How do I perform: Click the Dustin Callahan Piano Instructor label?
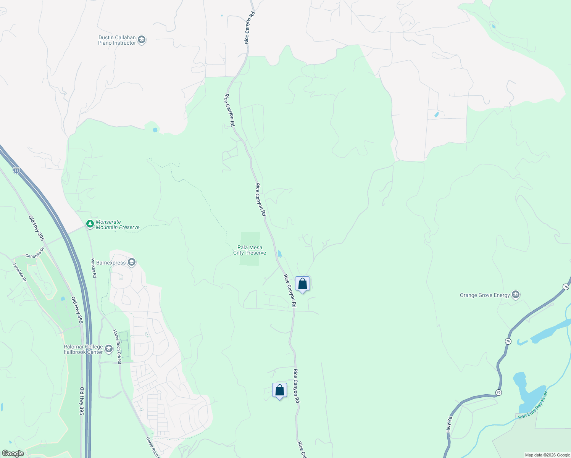[117, 40]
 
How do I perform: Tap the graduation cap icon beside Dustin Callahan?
[142, 40]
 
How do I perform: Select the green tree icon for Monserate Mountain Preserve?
[90, 224]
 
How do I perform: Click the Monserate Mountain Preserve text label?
[118, 224]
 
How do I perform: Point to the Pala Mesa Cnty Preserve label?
[250, 250]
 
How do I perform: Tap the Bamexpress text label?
[111, 263]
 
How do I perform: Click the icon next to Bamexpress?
[132, 262]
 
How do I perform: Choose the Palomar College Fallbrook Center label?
[83, 349]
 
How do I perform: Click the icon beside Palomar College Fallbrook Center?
[109, 348]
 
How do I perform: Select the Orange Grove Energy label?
[485, 295]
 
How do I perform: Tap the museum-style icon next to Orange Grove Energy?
[516, 295]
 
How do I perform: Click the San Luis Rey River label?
[533, 405]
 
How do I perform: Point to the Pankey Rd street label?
[94, 268]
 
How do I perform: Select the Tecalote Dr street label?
[19, 272]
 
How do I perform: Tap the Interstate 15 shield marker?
[16, 170]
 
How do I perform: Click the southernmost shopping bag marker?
[279, 390]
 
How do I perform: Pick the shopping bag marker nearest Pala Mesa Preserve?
[302, 284]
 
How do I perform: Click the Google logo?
[13, 453]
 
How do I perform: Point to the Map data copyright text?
[547, 455]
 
